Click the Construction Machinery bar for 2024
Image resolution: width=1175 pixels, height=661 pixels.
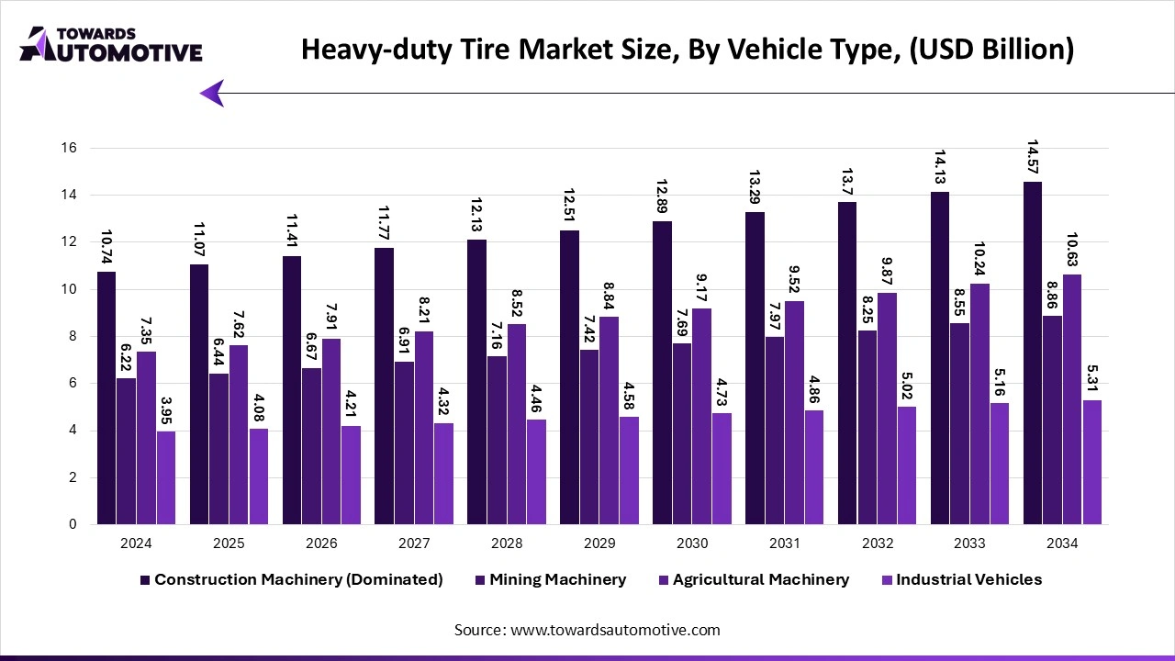pyautogui.click(x=106, y=398)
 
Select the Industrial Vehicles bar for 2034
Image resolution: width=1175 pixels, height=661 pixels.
pyautogui.click(x=1091, y=463)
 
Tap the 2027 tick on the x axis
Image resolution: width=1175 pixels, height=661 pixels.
pyautogui.click(x=414, y=543)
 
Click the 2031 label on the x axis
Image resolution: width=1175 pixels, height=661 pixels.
pyautogui.click(x=785, y=543)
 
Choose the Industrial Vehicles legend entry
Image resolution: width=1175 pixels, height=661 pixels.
pyautogui.click(x=968, y=579)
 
